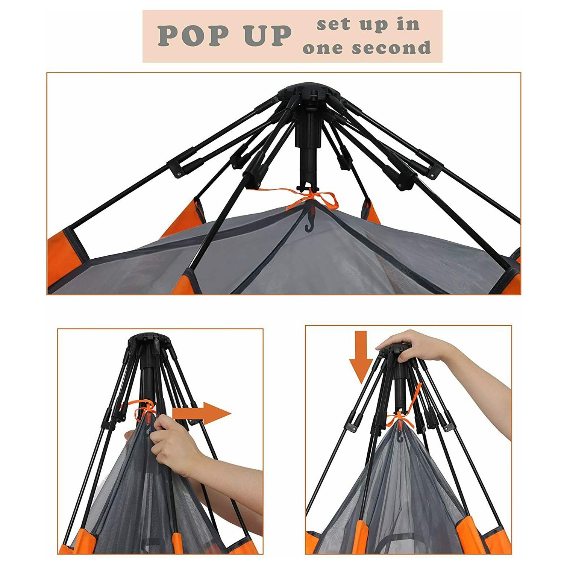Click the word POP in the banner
(x=193, y=36)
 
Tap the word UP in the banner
(x=267, y=36)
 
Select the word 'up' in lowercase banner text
(x=372, y=26)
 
